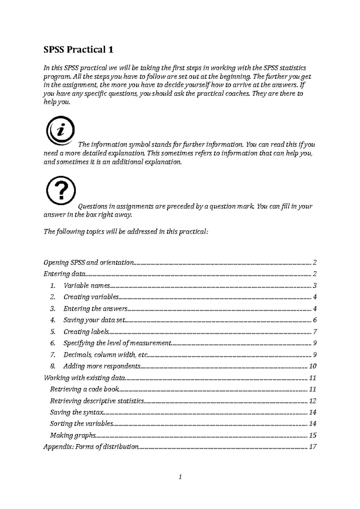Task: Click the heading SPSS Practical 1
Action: [79, 49]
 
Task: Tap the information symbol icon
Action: [60, 131]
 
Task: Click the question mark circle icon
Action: [61, 191]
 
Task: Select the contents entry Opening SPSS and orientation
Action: [88, 263]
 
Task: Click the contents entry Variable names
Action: [87, 286]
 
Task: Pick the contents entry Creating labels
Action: [86, 332]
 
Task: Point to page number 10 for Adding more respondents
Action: [313, 366]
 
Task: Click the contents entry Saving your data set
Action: [94, 320]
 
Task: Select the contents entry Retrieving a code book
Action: [84, 389]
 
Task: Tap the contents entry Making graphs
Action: [73, 436]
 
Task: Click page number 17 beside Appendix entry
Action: [313, 447]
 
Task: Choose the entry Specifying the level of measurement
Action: [117, 343]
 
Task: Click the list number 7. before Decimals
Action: [53, 355]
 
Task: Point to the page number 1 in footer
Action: [180, 477]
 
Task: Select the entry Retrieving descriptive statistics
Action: [97, 401]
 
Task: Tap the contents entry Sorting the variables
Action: [81, 424]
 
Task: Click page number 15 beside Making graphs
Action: [313, 436]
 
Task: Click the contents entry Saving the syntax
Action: [77, 412]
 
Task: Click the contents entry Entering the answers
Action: [95, 309]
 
